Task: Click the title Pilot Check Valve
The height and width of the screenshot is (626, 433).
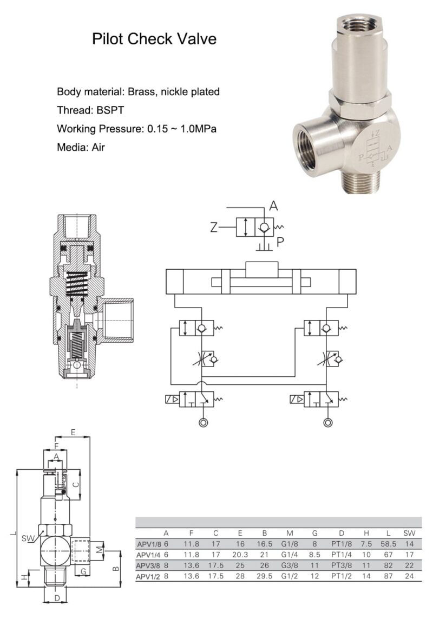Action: pyautogui.click(x=154, y=39)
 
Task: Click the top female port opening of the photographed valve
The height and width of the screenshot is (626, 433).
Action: pyautogui.click(x=358, y=25)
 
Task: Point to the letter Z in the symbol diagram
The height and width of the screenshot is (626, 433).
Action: pyautogui.click(x=214, y=228)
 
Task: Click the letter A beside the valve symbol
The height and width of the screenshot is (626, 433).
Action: pyautogui.click(x=274, y=206)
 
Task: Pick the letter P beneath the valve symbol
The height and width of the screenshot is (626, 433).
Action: pyautogui.click(x=280, y=242)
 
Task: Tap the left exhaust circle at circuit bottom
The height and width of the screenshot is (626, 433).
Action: pyautogui.click(x=204, y=423)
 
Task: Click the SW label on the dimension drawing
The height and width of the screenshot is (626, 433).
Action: pyautogui.click(x=28, y=538)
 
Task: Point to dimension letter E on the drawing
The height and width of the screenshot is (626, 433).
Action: pyautogui.click(x=73, y=432)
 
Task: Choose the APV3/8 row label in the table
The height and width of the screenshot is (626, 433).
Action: pyautogui.click(x=148, y=565)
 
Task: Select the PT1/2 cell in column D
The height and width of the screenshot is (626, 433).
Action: pyautogui.click(x=342, y=576)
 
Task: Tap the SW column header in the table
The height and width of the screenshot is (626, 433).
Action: pyautogui.click(x=409, y=532)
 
